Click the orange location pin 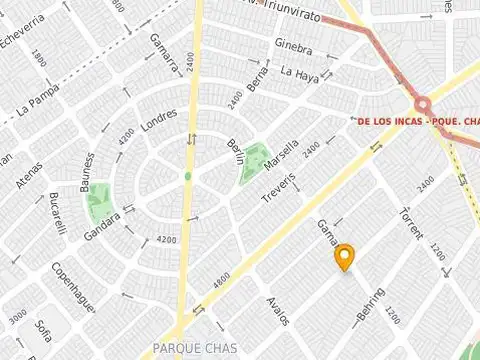tap(345, 256)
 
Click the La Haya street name tap(299, 72)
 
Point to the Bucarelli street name tap(57, 213)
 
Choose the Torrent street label tap(410, 222)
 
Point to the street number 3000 tap(17, 318)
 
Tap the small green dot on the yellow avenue tap(187, 176)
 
